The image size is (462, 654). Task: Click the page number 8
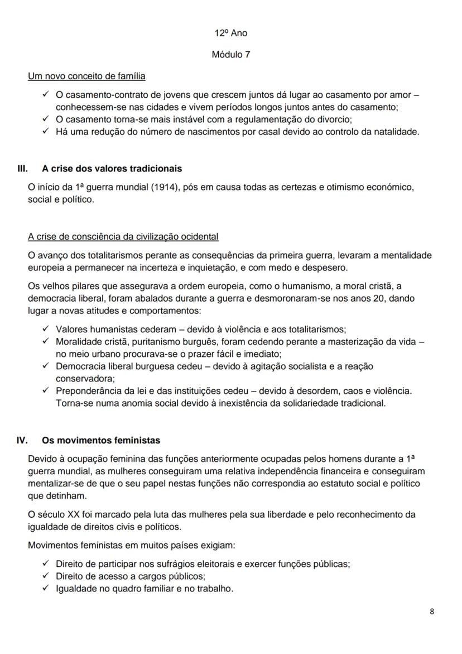point(432,611)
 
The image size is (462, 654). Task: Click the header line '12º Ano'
point(230,33)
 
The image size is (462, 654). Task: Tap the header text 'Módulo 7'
point(230,55)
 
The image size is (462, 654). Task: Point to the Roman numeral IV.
point(22,440)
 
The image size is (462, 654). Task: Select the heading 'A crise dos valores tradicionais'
point(112,168)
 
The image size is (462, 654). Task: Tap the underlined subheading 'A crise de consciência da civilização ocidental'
point(123,236)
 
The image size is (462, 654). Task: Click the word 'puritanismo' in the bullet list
point(148,341)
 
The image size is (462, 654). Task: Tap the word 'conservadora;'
point(81,378)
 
